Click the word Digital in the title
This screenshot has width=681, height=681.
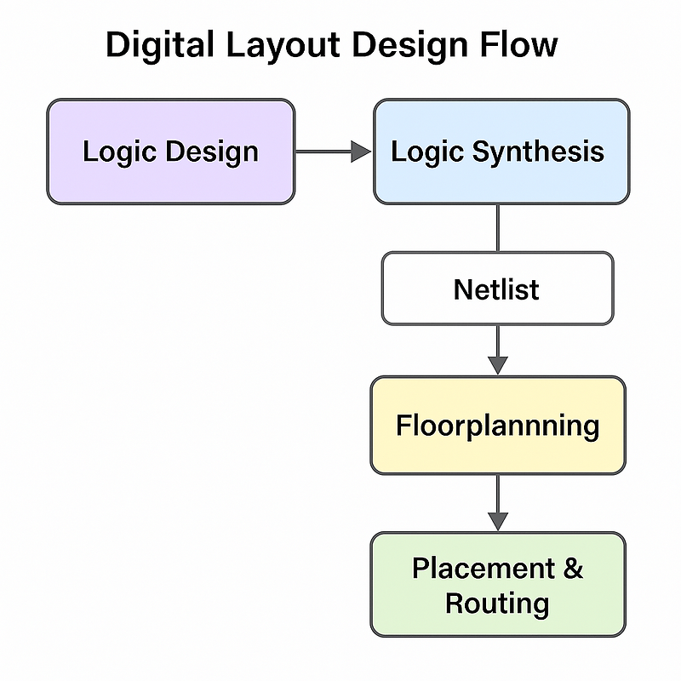(160, 45)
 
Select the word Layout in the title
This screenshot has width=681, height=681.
(283, 46)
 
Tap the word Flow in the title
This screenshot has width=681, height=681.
(518, 44)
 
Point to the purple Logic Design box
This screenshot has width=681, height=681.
(171, 152)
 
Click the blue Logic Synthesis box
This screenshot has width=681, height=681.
(501, 152)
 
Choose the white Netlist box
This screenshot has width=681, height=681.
(498, 289)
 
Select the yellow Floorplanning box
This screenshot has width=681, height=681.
(498, 425)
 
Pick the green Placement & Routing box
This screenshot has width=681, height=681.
(498, 585)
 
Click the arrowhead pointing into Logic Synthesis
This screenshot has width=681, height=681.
(361, 152)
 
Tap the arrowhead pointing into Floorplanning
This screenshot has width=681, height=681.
(498, 365)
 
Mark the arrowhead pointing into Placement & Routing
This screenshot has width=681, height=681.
(498, 521)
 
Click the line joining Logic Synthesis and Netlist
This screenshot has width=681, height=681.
(498, 228)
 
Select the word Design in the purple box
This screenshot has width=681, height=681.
(212, 152)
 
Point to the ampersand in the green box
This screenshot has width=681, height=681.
(573, 568)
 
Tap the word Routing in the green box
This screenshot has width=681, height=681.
(497, 604)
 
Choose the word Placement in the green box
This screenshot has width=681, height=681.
(484, 568)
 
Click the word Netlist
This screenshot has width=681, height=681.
(496, 289)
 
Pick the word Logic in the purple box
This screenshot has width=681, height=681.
(119, 152)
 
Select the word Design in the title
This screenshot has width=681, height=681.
(410, 46)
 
